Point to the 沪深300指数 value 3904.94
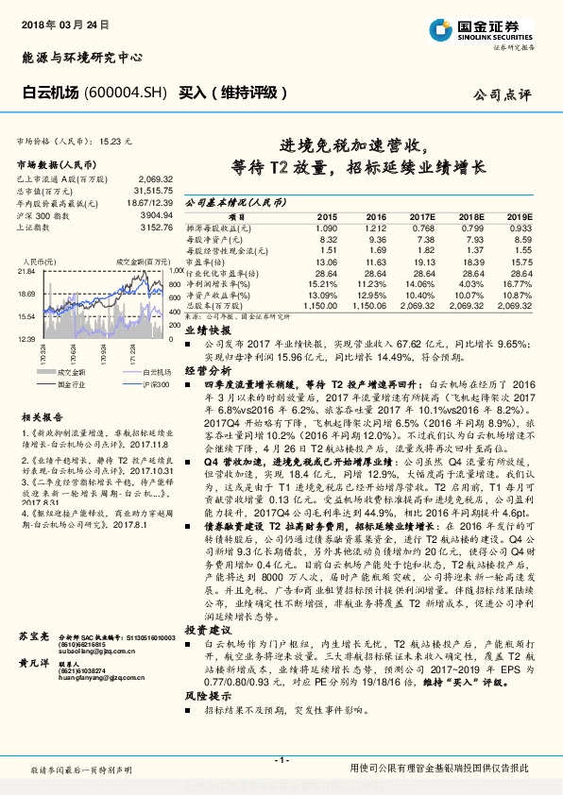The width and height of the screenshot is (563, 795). pos(154,214)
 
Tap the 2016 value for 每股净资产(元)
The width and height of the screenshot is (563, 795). pos(375,239)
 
